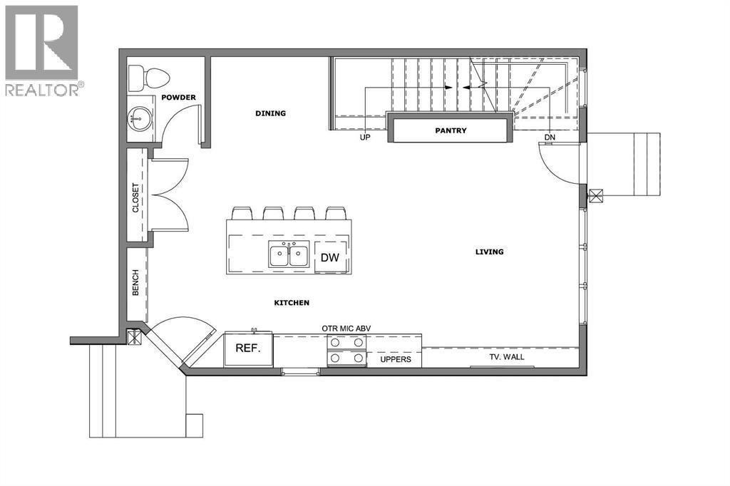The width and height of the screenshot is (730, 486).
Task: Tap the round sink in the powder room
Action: coord(140,119)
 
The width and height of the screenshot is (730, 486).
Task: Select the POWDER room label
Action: coord(178,97)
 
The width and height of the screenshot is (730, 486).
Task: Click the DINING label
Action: coord(270,113)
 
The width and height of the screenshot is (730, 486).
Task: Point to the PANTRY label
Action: coord(451,130)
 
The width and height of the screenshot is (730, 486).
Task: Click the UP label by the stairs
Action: coord(365,138)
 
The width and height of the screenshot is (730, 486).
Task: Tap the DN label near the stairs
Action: coord(549,138)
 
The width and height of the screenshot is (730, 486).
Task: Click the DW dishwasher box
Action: coord(329,257)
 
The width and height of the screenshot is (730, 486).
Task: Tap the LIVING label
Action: coord(490,252)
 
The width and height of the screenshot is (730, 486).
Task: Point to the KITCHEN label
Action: coord(292,303)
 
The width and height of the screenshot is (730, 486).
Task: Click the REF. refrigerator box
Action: coord(248,348)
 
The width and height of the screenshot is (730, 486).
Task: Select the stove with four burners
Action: coord(346,351)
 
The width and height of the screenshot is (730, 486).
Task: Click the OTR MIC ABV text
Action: coord(346,329)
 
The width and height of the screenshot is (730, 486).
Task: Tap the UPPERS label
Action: coord(394,359)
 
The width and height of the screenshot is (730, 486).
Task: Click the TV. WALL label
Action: coord(508,356)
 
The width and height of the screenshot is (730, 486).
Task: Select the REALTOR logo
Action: coord(43,50)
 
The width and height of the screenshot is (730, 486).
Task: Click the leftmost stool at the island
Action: coord(242,213)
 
